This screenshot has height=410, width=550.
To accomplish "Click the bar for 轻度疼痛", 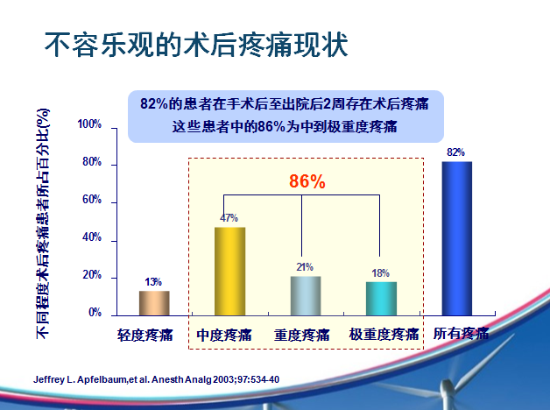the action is (154, 303).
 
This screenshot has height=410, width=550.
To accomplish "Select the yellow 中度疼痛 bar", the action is (230, 272).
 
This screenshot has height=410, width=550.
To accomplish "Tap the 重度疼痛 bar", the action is (306, 296).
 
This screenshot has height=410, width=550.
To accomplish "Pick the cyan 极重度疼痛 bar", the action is (381, 299).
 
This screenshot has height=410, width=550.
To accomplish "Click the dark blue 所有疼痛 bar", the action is (457, 239).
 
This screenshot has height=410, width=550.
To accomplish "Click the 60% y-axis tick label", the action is (92, 200).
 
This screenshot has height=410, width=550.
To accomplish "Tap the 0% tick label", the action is (95, 312).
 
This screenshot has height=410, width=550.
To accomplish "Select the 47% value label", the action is (229, 218).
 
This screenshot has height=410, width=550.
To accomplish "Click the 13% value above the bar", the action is (153, 282).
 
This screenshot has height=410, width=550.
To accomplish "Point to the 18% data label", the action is (381, 273).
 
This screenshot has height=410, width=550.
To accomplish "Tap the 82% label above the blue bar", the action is (455, 152).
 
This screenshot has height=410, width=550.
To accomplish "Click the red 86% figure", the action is (307, 181).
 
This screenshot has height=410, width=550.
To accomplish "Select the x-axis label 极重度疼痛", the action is (384, 335).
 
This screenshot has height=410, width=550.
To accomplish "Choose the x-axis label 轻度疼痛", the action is (145, 335).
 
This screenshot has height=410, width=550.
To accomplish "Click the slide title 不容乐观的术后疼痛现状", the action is (196, 45).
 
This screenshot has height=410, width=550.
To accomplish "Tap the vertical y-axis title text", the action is (43, 223).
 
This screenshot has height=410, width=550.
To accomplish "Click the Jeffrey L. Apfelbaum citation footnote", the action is (157, 379).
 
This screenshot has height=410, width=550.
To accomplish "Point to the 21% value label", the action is (305, 267).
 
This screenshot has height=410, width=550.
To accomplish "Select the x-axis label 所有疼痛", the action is (461, 333).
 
